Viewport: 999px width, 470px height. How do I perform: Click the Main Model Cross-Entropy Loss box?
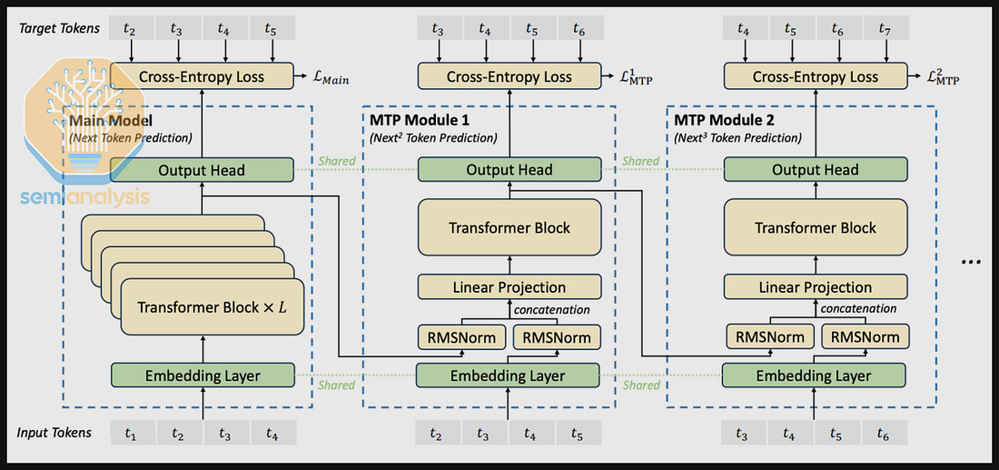202,76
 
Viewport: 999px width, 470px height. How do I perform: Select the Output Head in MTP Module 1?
509,169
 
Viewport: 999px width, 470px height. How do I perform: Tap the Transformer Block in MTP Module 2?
815,227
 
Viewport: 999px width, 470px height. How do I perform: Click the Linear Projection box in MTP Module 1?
509,287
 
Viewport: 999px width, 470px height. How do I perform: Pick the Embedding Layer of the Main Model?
203,375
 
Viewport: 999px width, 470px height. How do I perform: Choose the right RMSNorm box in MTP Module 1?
557,337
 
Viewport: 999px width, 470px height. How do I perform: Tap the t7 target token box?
884,29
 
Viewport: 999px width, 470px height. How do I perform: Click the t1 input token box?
132,435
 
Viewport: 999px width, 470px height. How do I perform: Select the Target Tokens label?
60,29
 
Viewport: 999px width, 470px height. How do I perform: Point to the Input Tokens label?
54,433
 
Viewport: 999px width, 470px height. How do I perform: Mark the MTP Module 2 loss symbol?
943,78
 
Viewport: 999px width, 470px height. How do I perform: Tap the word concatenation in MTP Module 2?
859,309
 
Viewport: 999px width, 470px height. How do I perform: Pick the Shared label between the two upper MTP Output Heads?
641,161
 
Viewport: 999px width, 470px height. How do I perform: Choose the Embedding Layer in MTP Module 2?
815,375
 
